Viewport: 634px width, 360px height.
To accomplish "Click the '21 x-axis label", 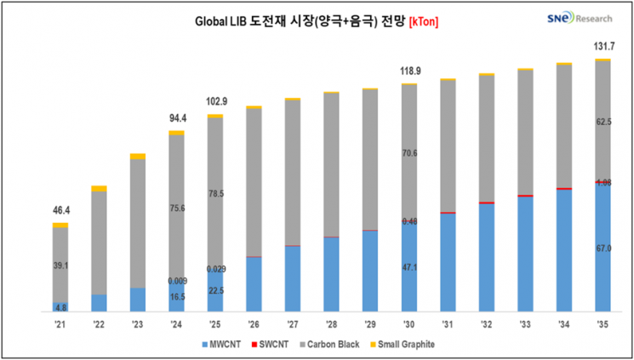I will [60, 323].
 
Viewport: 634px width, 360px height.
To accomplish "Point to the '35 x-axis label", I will [603, 323].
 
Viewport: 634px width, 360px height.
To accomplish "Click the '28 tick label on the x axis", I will [332, 323].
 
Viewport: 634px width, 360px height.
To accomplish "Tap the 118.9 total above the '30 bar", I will [409, 71].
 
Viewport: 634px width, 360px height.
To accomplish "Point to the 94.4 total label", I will [176, 118].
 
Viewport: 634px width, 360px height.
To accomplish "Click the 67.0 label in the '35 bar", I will [603, 248].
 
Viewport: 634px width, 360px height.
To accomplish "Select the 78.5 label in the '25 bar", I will [215, 194].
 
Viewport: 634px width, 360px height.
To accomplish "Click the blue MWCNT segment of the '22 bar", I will [99, 303].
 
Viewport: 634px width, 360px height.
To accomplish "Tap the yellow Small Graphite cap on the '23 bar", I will [138, 157].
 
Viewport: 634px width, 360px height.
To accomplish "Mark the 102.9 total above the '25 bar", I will [215, 101].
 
